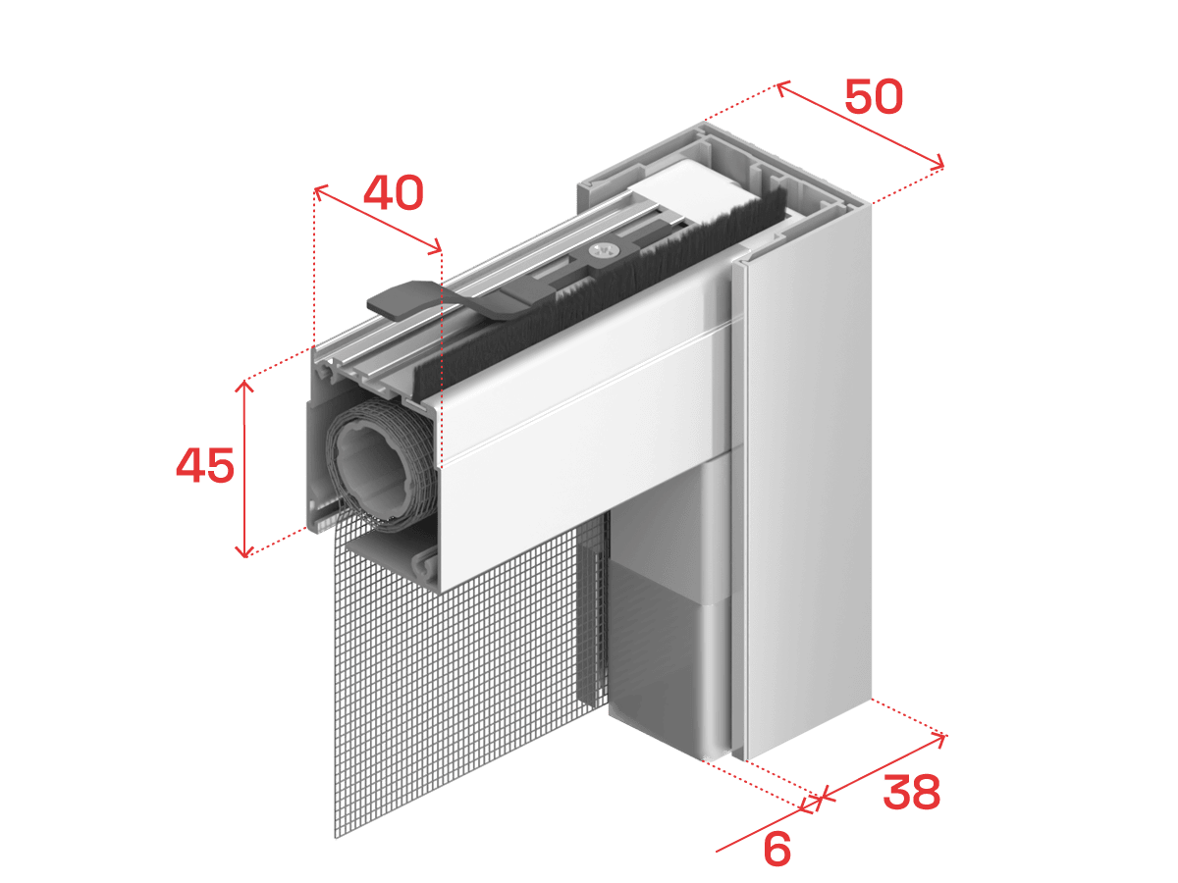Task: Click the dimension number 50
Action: (x=874, y=96)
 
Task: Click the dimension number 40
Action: (x=394, y=192)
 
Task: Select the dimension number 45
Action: (x=205, y=465)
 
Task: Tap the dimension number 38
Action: (x=911, y=793)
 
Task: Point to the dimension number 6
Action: (x=776, y=849)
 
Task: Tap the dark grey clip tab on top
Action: (x=398, y=300)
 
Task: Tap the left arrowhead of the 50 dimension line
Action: (x=782, y=88)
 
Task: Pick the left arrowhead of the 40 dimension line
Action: (x=320, y=191)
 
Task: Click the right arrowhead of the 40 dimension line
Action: (x=435, y=247)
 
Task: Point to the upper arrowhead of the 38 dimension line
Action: (x=939, y=739)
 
